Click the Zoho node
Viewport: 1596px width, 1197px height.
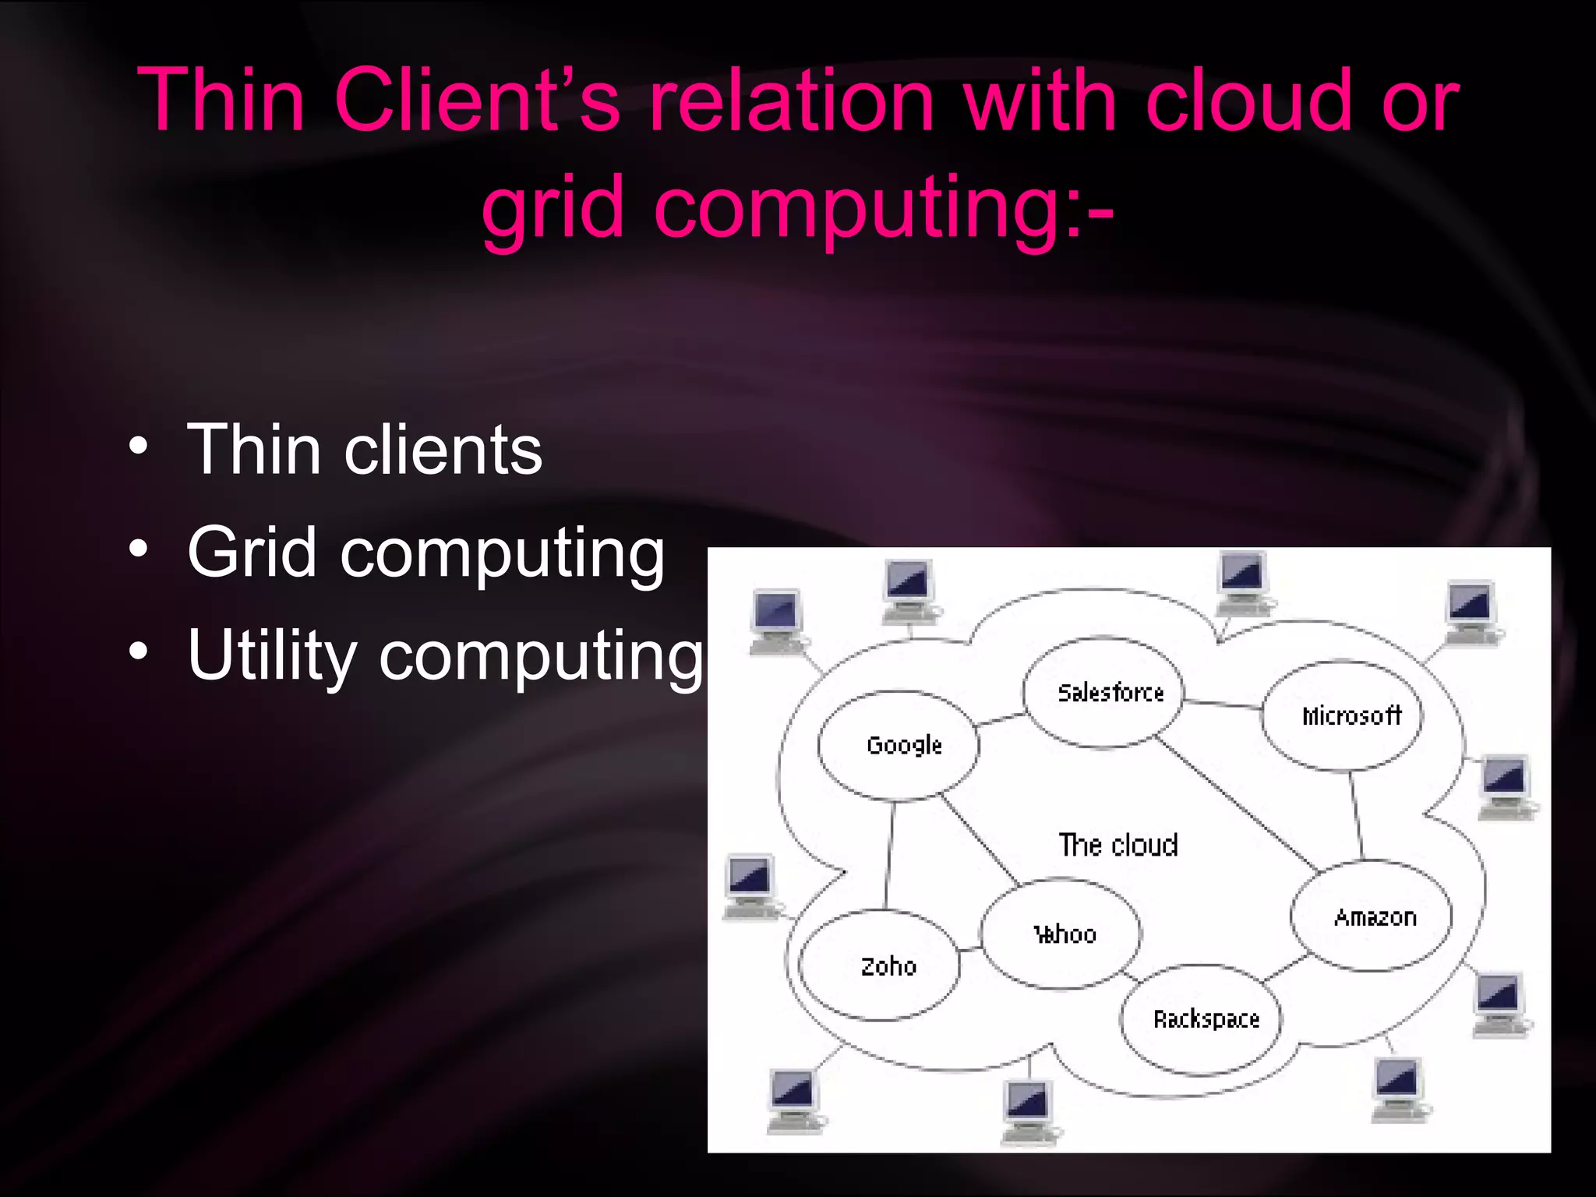[881, 966]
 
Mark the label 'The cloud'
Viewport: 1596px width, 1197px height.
[1118, 845]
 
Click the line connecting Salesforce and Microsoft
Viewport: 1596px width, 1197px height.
[1222, 704]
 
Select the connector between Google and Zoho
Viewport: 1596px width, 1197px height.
[889, 856]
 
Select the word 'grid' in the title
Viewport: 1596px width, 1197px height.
[553, 207]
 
